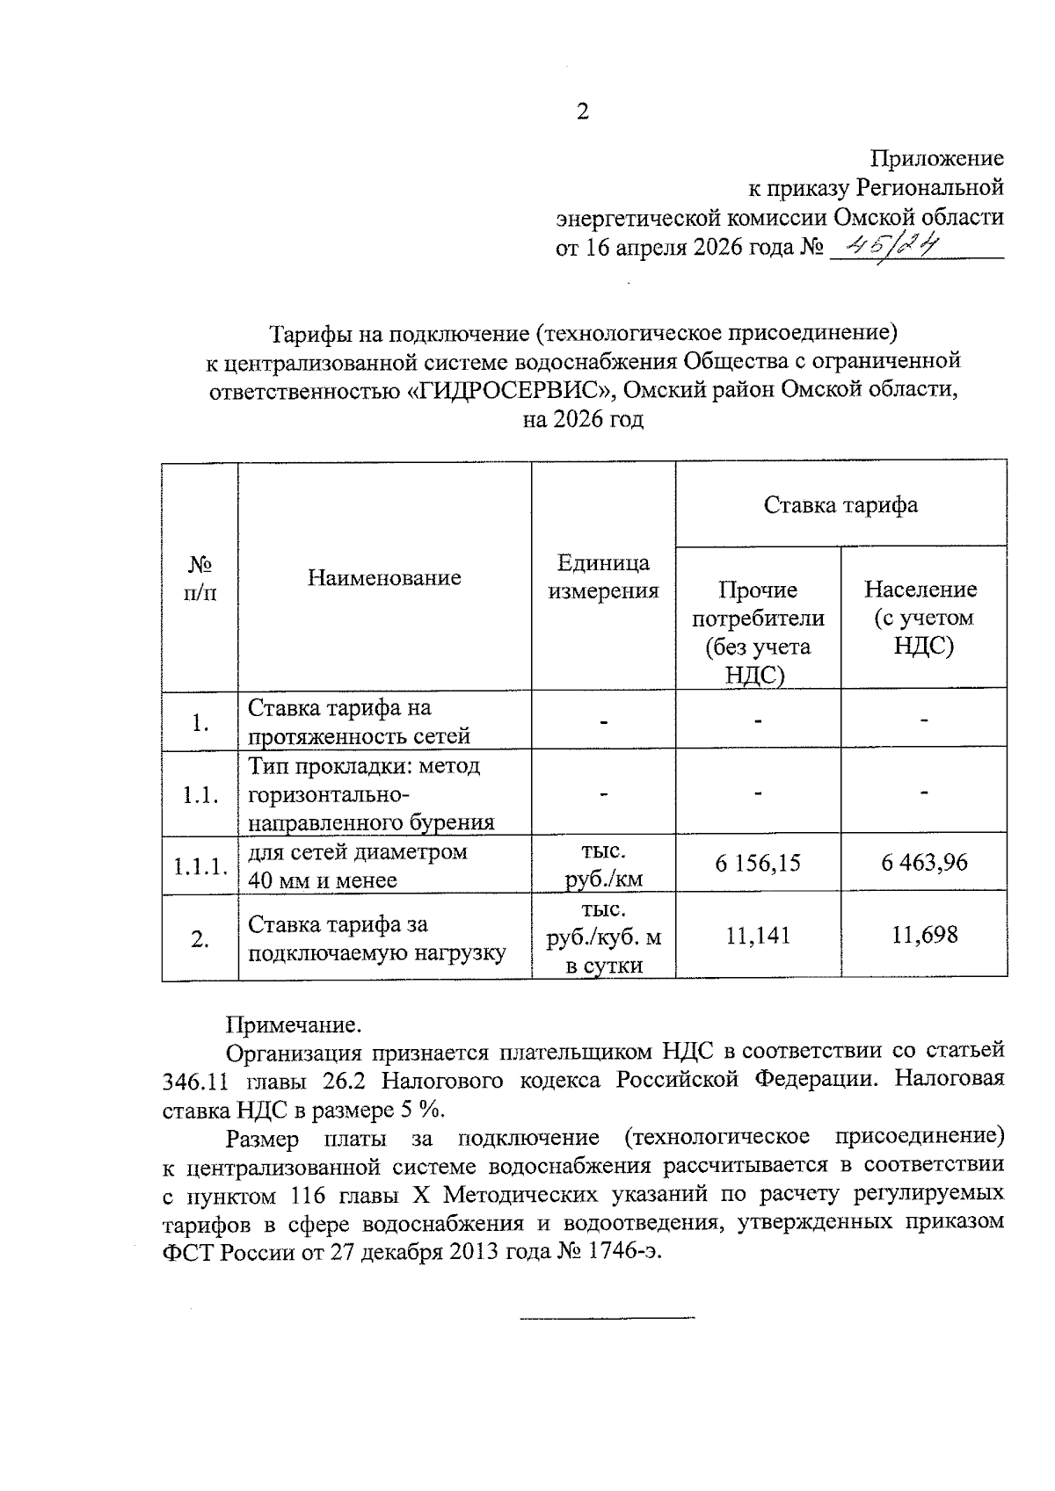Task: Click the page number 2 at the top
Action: tap(582, 112)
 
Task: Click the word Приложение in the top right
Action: tap(936, 158)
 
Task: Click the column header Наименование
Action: tap(384, 577)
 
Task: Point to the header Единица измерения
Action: tap(603, 576)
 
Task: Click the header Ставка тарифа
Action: tap(840, 504)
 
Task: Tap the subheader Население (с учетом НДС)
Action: tap(923, 618)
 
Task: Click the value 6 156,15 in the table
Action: tap(758, 863)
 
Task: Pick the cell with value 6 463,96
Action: tap(924, 863)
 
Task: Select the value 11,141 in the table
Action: tap(758, 936)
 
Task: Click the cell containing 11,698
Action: tap(924, 936)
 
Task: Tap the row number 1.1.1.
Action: tap(200, 866)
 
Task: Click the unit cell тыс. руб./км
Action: tap(603, 865)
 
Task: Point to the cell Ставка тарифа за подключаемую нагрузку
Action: tap(377, 937)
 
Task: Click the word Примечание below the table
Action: tap(294, 1025)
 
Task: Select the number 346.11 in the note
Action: tap(193, 1080)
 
